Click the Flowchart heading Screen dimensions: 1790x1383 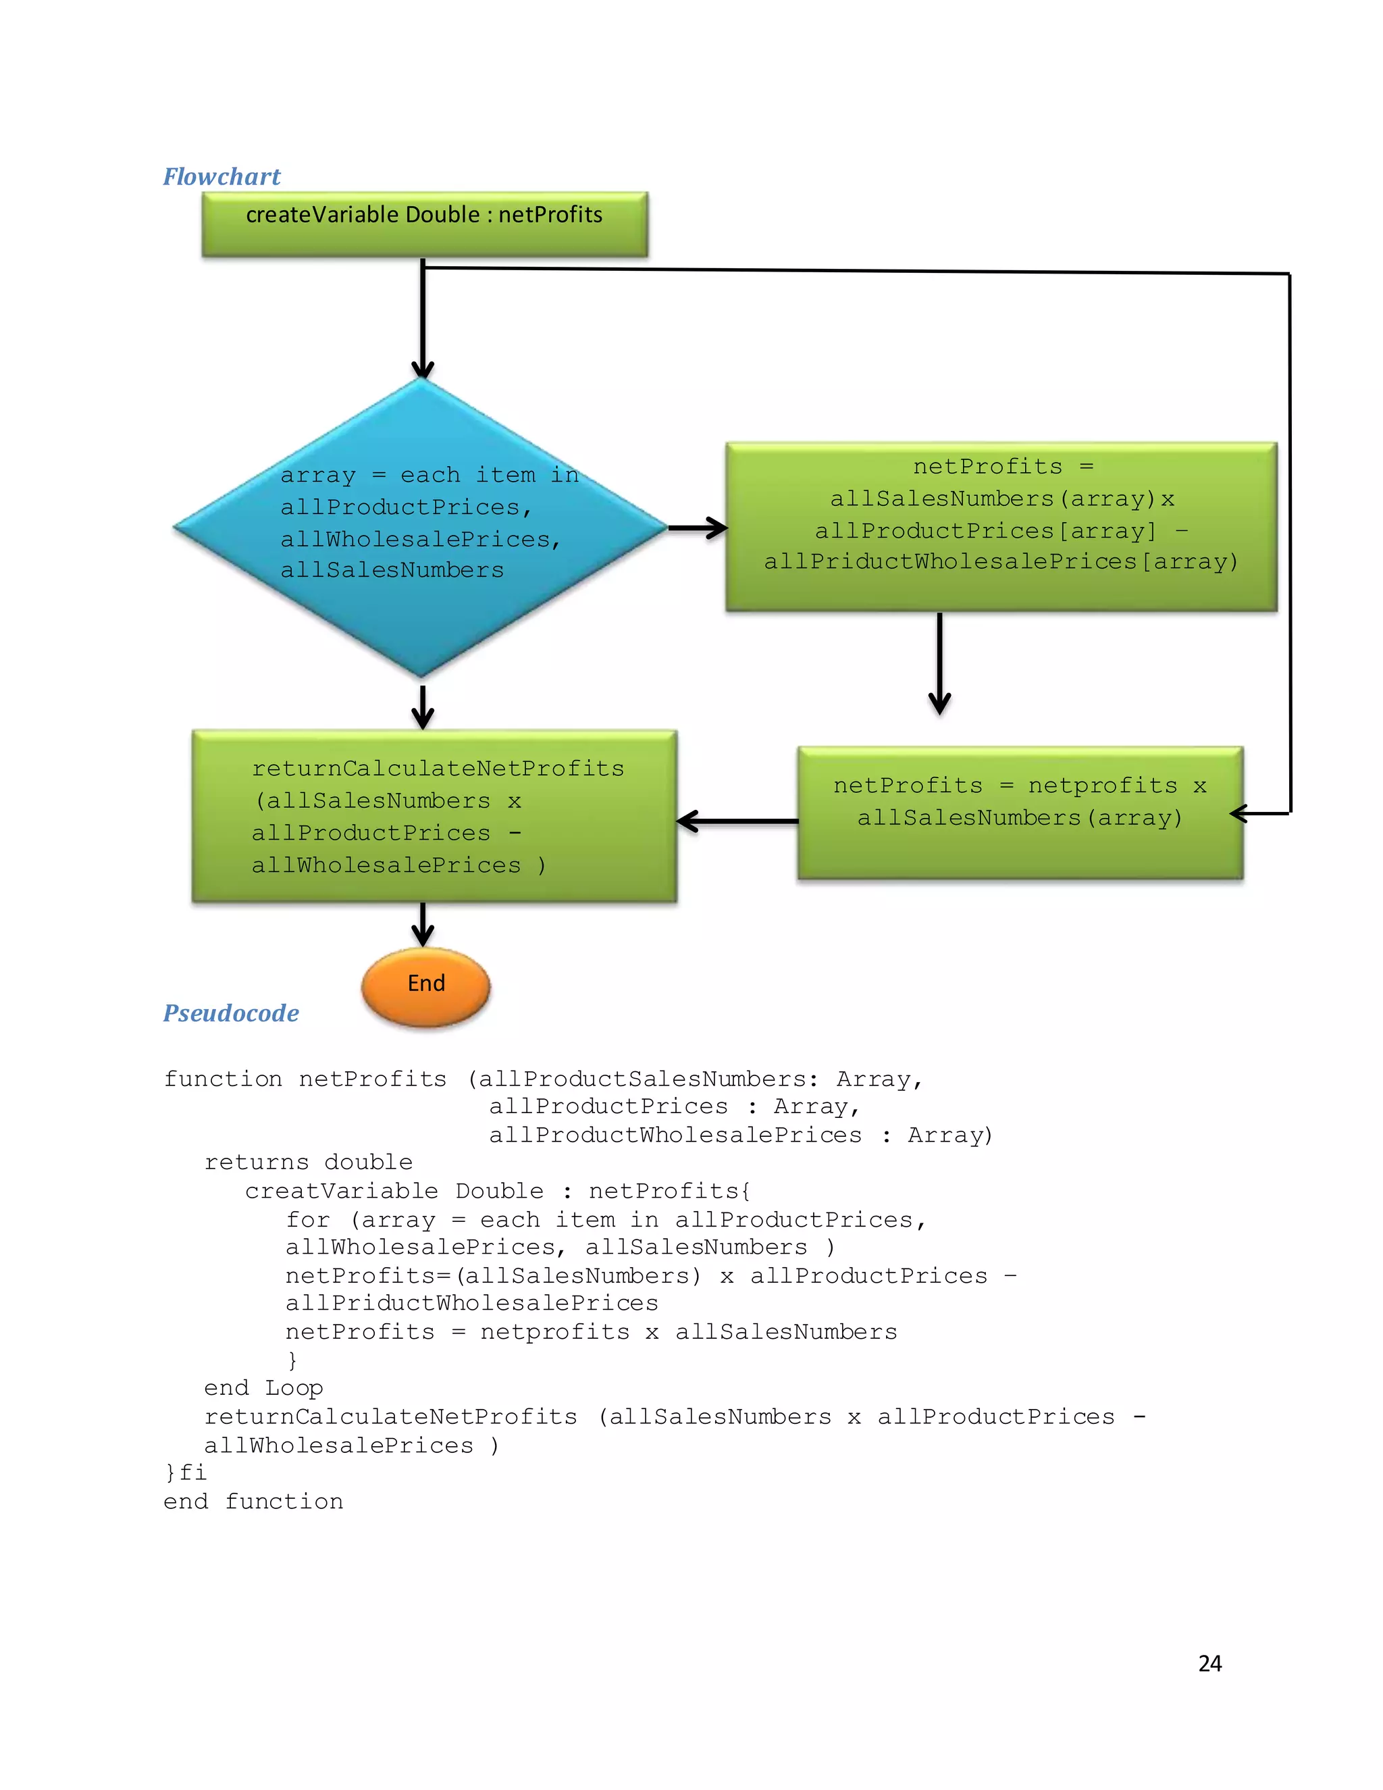[221, 177]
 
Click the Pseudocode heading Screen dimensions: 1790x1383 [231, 1013]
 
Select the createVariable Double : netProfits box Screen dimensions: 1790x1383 [424, 224]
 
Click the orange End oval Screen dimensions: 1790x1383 [426, 986]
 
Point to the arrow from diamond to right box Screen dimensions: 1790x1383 [696, 528]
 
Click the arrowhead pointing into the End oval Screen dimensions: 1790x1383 [423, 934]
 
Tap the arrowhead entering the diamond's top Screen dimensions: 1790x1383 [423, 368]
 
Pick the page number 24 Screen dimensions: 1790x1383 [1209, 1663]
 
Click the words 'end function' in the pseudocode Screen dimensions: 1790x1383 [253, 1502]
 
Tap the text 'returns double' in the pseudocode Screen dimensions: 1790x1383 [308, 1162]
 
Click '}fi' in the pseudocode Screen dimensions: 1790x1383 [185, 1473]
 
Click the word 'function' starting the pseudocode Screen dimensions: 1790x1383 [223, 1079]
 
